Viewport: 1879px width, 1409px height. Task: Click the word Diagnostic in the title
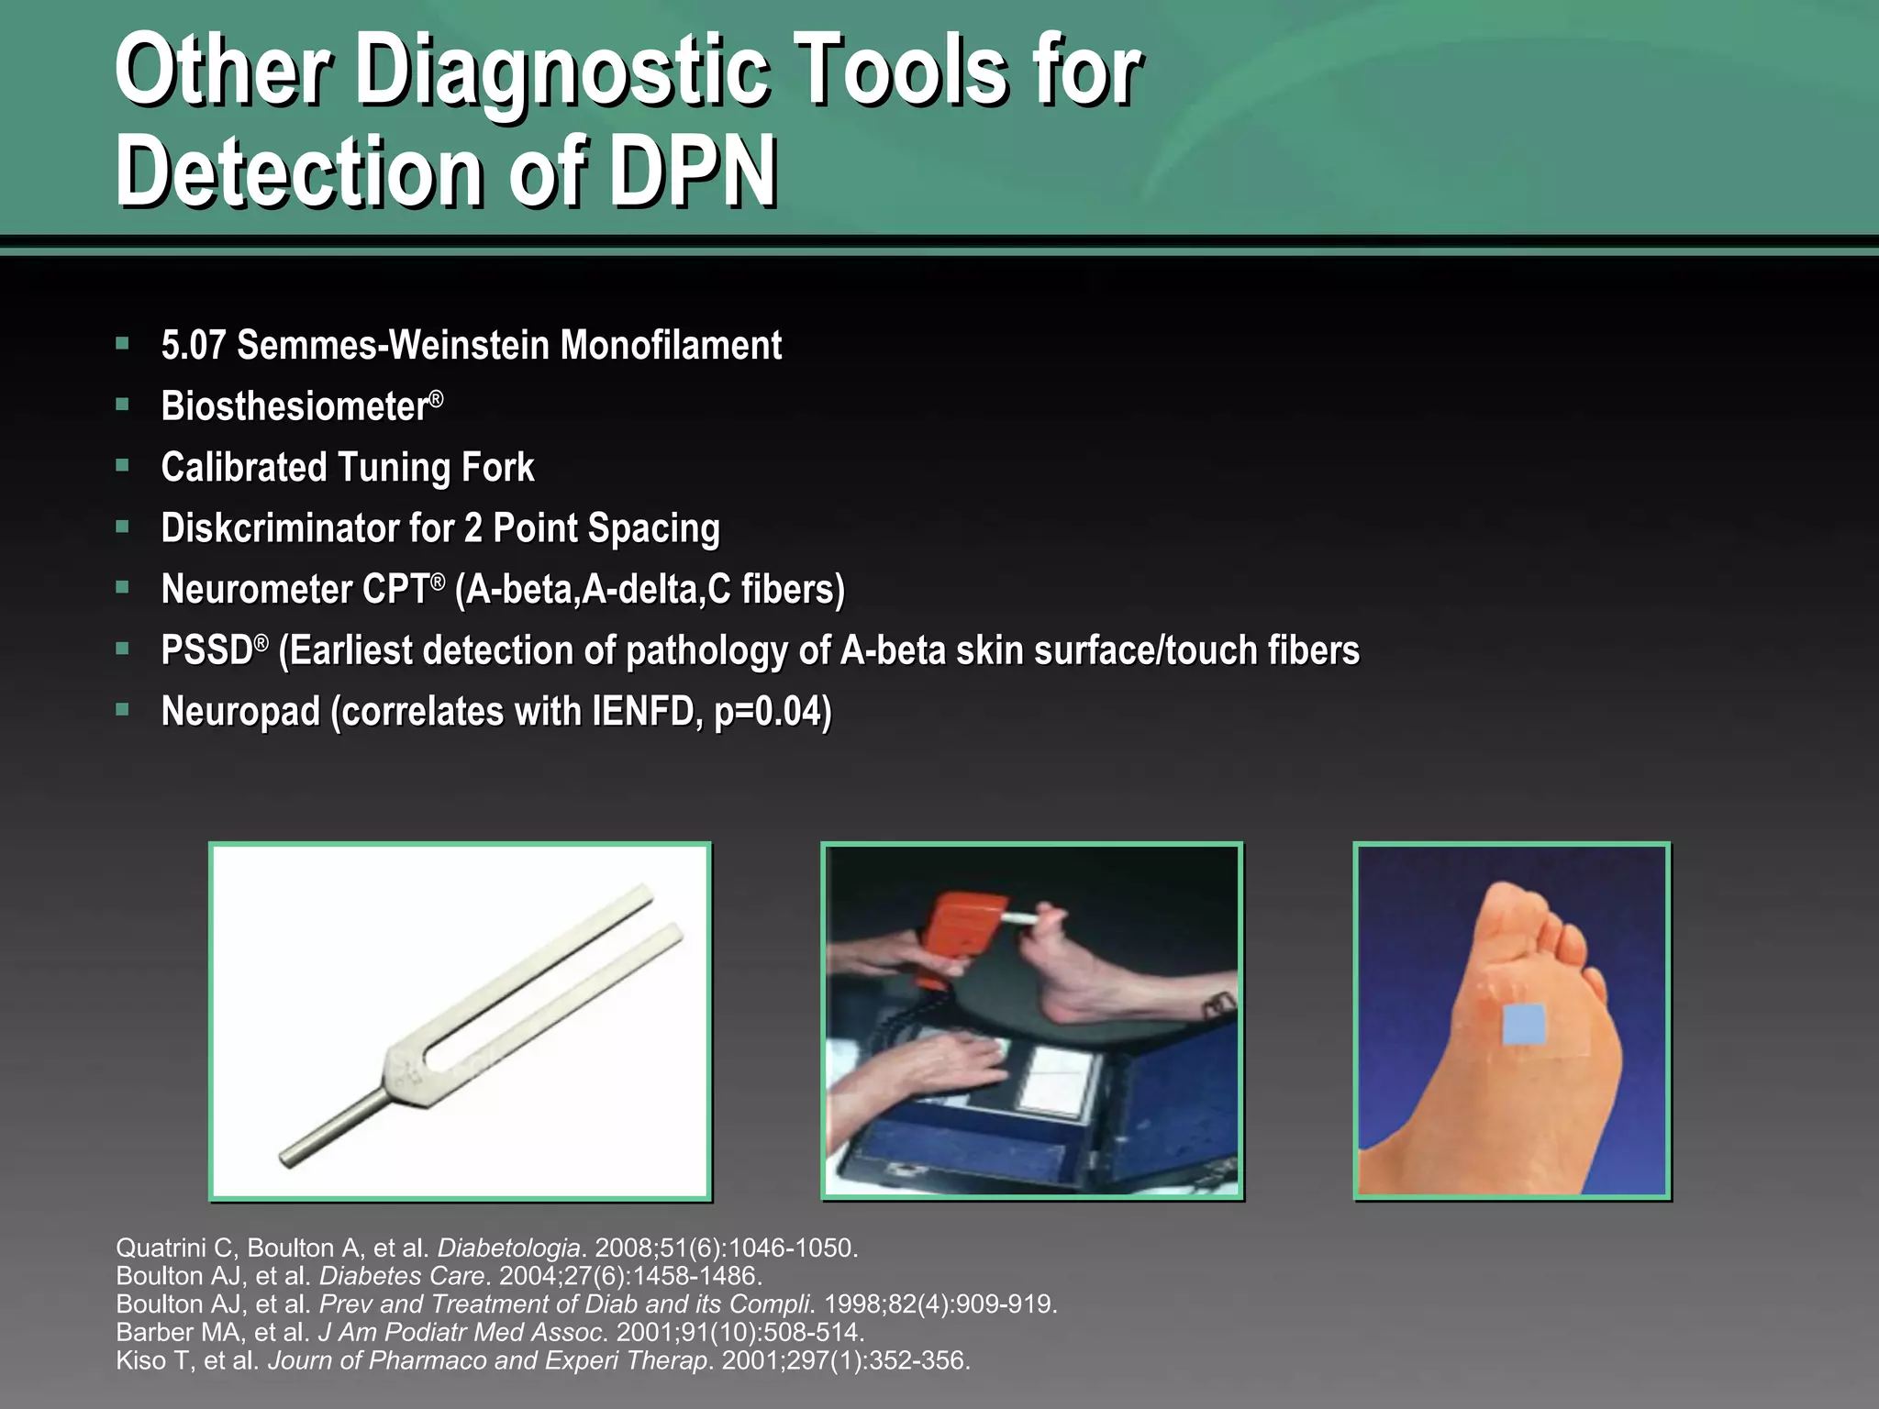561,73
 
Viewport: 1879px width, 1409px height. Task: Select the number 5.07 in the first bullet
193,346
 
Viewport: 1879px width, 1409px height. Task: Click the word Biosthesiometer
295,406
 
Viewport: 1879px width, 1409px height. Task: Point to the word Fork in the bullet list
497,468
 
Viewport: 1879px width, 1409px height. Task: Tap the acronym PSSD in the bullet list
206,650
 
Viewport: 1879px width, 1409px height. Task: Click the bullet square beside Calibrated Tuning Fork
122,466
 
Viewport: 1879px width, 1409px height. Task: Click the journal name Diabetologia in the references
508,1248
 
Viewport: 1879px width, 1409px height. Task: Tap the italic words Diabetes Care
402,1276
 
